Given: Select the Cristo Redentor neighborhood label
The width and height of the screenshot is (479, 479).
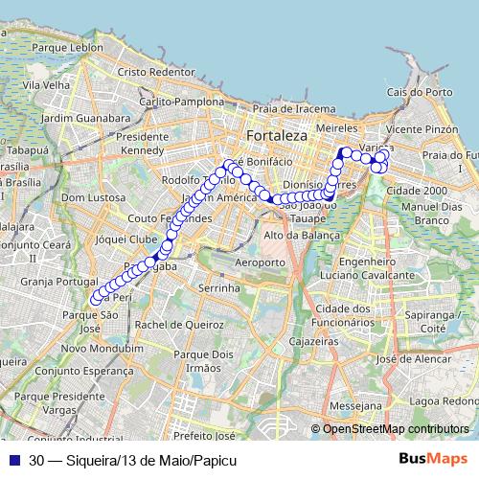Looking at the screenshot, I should click(x=155, y=72).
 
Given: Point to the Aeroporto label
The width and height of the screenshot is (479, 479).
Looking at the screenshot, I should click(x=260, y=262).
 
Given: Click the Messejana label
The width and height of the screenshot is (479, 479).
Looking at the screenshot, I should click(x=354, y=406).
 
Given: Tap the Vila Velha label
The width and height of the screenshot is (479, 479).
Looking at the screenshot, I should click(x=47, y=84).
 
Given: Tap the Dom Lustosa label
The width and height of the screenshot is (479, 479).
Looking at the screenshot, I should click(x=86, y=197).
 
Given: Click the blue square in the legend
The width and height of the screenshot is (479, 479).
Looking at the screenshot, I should click(x=13, y=460).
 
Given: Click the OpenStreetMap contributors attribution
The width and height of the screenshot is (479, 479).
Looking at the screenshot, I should click(x=395, y=429).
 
